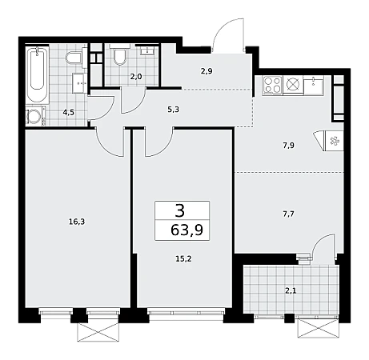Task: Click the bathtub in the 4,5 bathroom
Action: (x=37, y=75)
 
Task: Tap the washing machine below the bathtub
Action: (x=35, y=116)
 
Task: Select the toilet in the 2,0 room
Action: (x=120, y=56)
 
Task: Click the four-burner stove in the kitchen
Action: (x=272, y=86)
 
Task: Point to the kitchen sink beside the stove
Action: (x=313, y=86)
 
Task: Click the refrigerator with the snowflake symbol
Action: (x=333, y=142)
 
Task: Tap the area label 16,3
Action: (x=77, y=222)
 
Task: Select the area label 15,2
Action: (x=183, y=258)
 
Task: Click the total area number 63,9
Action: (x=187, y=230)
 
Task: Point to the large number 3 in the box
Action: (x=180, y=210)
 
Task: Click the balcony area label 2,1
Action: (x=291, y=290)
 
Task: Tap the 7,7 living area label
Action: (x=288, y=214)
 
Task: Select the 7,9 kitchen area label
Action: (x=288, y=146)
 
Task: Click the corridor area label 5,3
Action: (x=173, y=110)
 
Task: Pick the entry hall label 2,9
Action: (x=207, y=71)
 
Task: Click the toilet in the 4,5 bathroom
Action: (x=74, y=58)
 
